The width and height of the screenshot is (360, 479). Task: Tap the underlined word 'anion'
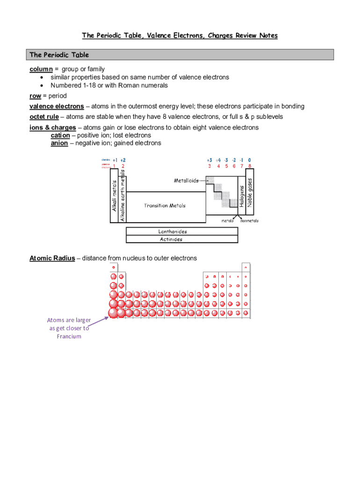59,143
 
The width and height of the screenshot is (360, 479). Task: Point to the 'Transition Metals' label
165,206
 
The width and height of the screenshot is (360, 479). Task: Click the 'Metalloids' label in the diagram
186,180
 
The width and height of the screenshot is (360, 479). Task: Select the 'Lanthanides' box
169,232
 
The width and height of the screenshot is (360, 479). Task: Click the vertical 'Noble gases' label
250,192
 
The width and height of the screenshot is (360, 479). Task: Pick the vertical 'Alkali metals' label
114,195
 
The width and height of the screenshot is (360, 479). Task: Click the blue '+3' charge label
209,160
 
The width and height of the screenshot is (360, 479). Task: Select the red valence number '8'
250,166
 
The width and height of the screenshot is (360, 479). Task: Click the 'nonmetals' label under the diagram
249,221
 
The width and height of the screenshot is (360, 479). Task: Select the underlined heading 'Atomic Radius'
52,258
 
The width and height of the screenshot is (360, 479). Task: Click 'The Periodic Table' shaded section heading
59,55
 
